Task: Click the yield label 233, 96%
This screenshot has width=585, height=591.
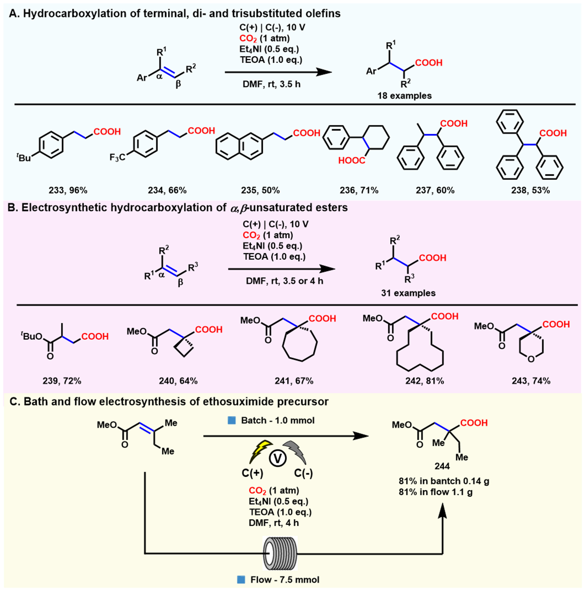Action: (68, 190)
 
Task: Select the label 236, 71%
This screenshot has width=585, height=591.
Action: (359, 190)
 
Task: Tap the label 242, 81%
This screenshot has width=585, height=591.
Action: (424, 381)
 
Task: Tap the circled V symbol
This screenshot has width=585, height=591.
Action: (277, 458)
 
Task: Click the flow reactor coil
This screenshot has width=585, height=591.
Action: (280, 553)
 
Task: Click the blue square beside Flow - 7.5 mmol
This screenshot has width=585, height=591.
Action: (241, 579)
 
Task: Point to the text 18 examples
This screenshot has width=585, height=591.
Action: (404, 96)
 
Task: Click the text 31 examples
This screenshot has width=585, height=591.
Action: (408, 293)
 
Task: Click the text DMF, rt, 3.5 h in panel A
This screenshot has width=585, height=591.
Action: (271, 84)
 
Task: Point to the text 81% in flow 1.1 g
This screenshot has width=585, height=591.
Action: (435, 492)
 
